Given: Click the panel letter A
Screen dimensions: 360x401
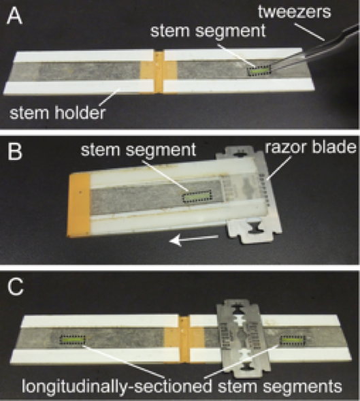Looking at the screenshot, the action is pyautogui.click(x=14, y=16).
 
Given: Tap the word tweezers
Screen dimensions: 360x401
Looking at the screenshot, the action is pyautogui.click(x=295, y=12).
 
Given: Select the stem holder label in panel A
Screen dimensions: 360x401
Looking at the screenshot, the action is pyautogui.click(x=57, y=113).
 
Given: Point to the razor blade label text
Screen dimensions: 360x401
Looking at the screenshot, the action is pyautogui.click(x=310, y=147).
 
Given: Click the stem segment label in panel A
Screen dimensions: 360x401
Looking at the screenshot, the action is pyautogui.click(x=208, y=31).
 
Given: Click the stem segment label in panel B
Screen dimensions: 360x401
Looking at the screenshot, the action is pyautogui.click(x=138, y=150).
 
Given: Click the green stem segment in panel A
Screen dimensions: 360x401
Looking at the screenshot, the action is pyautogui.click(x=259, y=71).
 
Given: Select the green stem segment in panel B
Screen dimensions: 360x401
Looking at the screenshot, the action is pyautogui.click(x=197, y=196).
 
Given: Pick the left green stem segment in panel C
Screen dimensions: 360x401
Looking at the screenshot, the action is pyautogui.click(x=72, y=340).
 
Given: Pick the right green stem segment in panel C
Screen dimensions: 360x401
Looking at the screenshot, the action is pyautogui.click(x=293, y=340).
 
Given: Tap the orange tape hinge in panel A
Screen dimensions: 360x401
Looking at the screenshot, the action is pyautogui.click(x=159, y=72).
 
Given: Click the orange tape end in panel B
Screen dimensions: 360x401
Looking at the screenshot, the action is pyautogui.click(x=78, y=204).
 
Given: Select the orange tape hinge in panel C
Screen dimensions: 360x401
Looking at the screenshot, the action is pyautogui.click(x=184, y=339).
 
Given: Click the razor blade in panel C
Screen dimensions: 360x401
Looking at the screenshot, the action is pyautogui.click(x=241, y=338).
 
